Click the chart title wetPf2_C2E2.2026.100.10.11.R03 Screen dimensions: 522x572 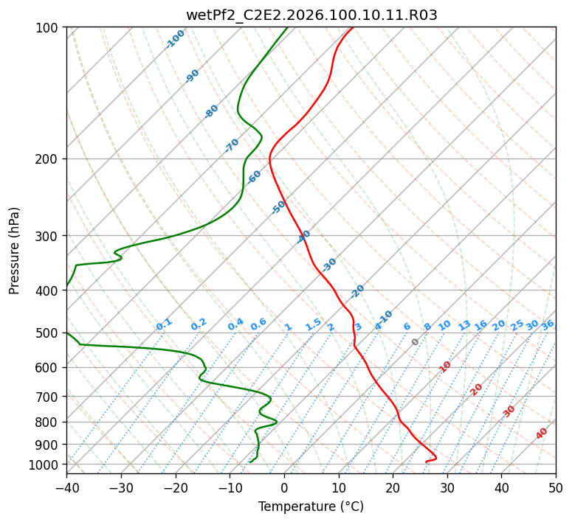[311, 15]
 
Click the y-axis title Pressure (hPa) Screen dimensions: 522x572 [15, 250]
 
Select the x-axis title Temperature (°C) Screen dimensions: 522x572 [311, 507]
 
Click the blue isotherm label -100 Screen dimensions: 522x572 [176, 39]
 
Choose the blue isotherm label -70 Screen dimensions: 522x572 [232, 145]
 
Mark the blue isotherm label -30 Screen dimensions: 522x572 [329, 265]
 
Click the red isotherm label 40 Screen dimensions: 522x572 [542, 434]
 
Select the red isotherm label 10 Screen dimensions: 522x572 [445, 366]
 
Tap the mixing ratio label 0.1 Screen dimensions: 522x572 [164, 324]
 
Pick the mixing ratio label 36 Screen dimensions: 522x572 [548, 324]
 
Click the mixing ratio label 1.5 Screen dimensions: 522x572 [313, 324]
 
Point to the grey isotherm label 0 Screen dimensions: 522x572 [416, 342]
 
